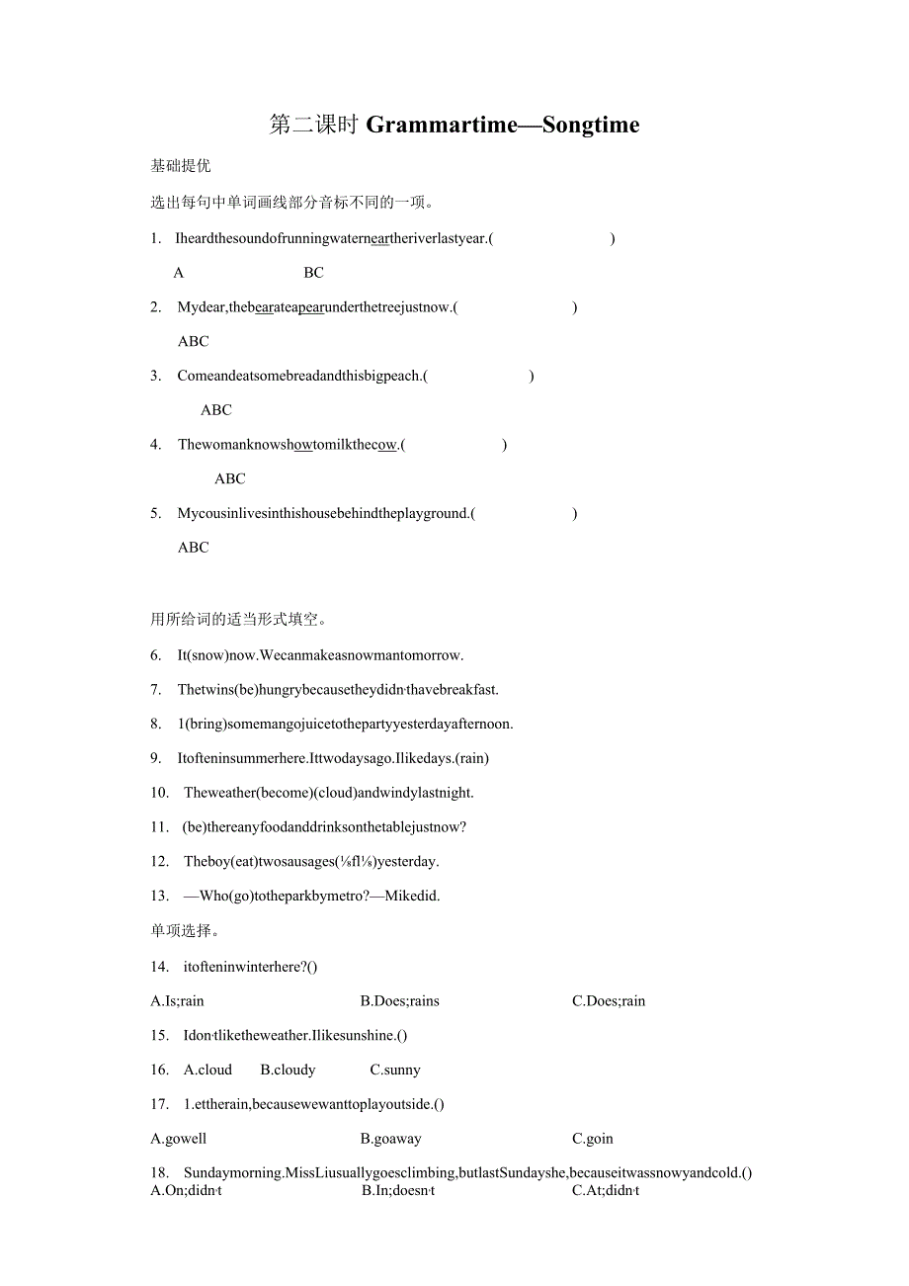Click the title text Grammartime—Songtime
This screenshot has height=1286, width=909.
(x=503, y=125)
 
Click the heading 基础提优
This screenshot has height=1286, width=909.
(x=181, y=166)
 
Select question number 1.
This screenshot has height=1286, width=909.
(x=155, y=238)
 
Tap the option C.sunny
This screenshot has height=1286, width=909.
(x=395, y=1070)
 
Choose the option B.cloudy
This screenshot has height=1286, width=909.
(x=288, y=1070)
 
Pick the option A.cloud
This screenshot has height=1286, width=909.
(x=207, y=1070)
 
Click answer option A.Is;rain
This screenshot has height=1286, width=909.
(x=178, y=1001)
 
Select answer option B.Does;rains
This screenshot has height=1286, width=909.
(x=400, y=1001)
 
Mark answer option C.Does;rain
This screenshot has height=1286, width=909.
(x=609, y=1001)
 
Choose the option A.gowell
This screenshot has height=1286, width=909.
(x=179, y=1139)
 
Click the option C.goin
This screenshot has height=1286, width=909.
(x=593, y=1139)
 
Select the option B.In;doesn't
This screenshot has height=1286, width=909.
(x=398, y=1191)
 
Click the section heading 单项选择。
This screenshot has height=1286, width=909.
(x=186, y=930)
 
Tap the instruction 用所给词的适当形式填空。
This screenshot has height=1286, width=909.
(x=239, y=620)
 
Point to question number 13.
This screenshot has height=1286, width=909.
(x=160, y=896)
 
